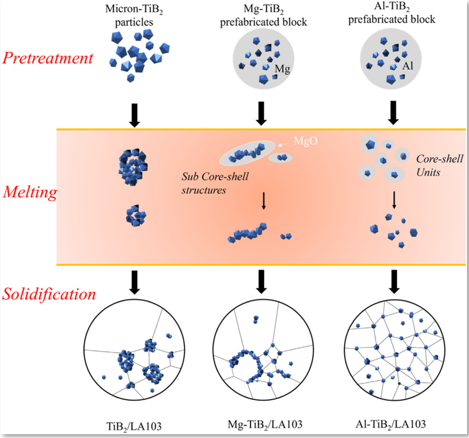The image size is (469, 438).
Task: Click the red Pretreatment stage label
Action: (47, 59)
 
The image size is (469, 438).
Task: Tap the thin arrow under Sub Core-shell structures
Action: (263, 202)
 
